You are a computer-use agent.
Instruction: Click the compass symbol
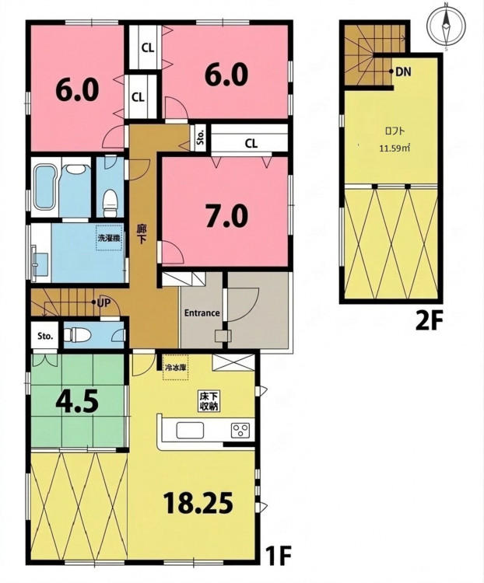click(446, 26)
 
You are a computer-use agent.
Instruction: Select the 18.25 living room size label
click(198, 503)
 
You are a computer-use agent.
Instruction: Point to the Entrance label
click(202, 313)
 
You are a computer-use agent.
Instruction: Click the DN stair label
click(403, 72)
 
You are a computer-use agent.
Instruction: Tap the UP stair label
click(103, 303)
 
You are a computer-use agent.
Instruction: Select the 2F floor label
click(428, 320)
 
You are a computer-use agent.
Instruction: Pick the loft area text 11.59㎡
click(395, 148)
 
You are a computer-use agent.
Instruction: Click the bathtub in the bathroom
click(44, 187)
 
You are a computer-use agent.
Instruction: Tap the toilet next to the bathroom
click(110, 203)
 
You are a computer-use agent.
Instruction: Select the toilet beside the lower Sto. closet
click(78, 334)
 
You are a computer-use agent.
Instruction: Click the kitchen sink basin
click(190, 431)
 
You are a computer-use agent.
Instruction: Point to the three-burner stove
click(240, 431)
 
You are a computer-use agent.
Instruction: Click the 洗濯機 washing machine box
click(110, 238)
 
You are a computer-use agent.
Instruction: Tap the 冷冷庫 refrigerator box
click(176, 368)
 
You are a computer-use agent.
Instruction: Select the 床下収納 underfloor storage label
click(209, 402)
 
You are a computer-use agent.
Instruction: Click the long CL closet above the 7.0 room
click(250, 138)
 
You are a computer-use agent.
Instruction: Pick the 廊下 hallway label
click(142, 234)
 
